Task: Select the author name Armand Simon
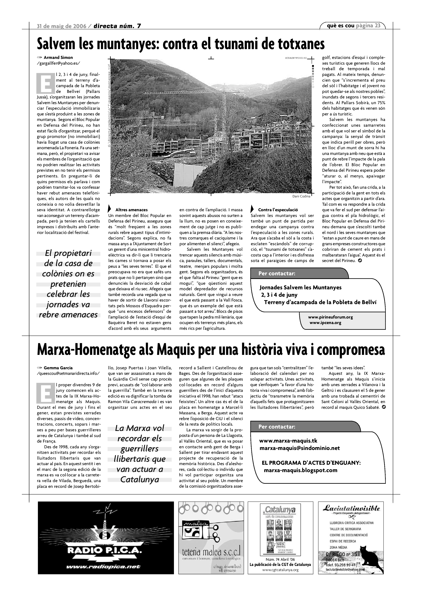58,58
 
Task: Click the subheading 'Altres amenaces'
131,210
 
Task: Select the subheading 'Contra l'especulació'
278,210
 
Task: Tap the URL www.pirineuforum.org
330,317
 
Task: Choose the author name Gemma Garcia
58,368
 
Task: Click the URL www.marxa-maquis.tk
288,441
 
